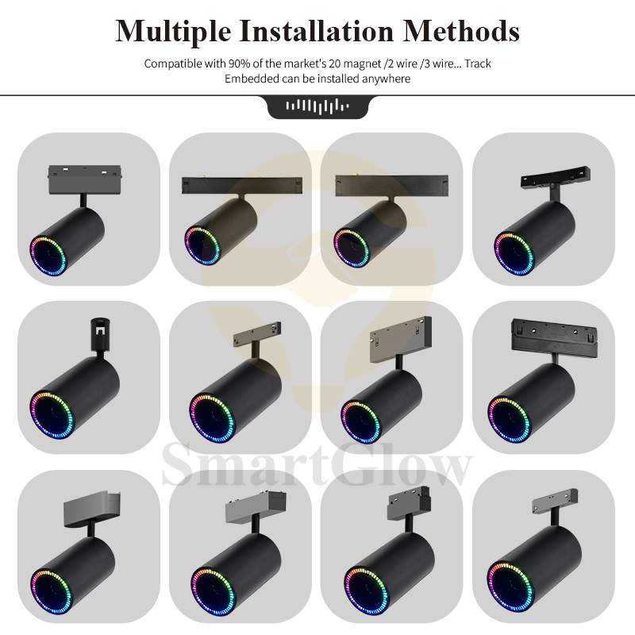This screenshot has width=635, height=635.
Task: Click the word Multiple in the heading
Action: tap(173, 32)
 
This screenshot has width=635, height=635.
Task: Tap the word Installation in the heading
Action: tap(316, 31)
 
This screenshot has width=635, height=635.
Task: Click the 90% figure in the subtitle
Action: tap(240, 63)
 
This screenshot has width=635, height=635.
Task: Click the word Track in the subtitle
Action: tap(478, 63)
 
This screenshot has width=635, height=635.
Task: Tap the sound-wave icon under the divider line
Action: tap(317, 106)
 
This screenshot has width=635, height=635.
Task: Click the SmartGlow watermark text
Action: tap(317, 465)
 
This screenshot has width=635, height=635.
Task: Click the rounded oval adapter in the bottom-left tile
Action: tap(92, 510)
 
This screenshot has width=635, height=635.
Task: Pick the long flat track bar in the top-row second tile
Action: tap(242, 185)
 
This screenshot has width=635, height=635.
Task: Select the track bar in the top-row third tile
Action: tap(391, 186)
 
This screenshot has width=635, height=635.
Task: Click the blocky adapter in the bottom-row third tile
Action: tap(409, 502)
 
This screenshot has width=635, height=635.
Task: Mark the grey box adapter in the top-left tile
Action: tap(85, 179)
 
